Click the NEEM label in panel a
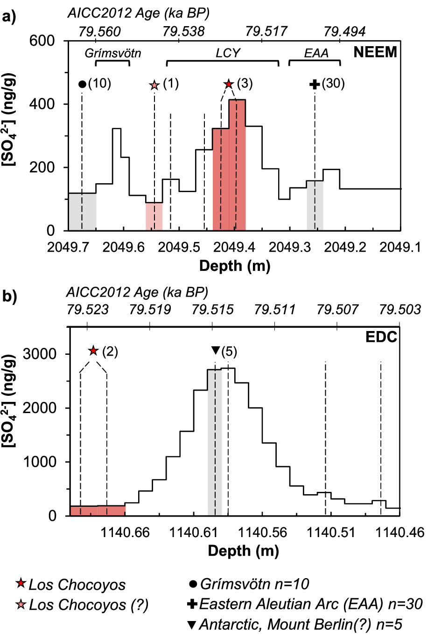(375, 52)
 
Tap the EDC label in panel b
(381, 337)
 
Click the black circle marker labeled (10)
(82, 84)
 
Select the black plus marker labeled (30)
(315, 84)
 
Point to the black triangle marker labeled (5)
(215, 350)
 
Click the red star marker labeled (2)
(93, 351)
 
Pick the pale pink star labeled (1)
(154, 85)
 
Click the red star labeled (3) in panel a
(228, 84)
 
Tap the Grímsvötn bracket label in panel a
(112, 53)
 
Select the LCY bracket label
(228, 53)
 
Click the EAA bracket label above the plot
(316, 53)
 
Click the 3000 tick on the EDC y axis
(39, 354)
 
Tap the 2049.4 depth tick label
(234, 247)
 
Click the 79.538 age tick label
(183, 31)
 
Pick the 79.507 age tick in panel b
(337, 310)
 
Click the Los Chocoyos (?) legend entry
(82, 605)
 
